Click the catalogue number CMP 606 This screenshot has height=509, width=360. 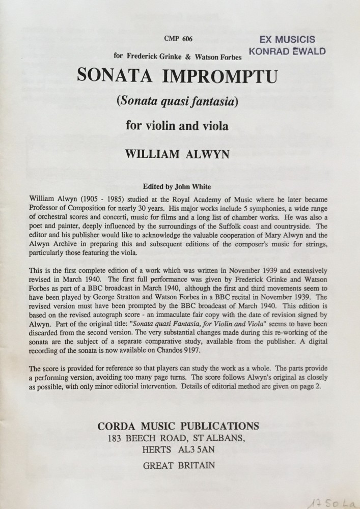tap(179, 39)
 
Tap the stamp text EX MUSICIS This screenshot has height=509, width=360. tap(287, 39)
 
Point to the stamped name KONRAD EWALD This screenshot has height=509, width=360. tap(287, 51)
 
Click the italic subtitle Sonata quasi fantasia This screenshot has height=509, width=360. tap(177, 101)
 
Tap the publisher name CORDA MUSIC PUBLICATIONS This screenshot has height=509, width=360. tap(178, 426)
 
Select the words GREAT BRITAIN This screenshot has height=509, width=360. tap(179, 465)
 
